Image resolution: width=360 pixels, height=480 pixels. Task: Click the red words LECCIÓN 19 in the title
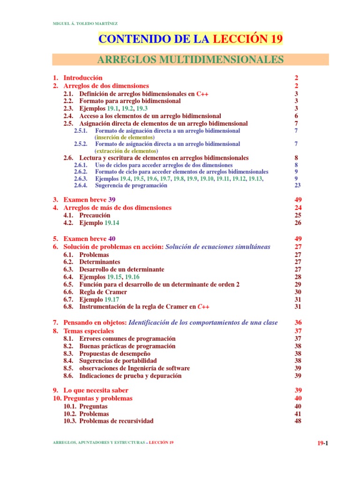(x=247, y=39)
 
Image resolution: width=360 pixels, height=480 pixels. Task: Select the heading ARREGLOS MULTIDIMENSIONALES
(x=190, y=60)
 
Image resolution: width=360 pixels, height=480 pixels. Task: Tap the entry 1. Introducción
(x=77, y=78)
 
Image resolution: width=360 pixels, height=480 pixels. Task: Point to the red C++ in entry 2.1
(x=202, y=94)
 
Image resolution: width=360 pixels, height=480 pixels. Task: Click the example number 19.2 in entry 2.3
(x=127, y=108)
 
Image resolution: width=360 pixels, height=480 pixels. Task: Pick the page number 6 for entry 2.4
(x=296, y=116)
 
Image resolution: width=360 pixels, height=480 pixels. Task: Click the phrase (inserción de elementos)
(x=124, y=137)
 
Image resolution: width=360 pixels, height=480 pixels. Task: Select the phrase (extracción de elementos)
(x=126, y=151)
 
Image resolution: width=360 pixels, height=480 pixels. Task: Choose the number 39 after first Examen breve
(x=112, y=200)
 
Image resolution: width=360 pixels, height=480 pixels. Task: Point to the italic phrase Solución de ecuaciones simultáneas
(x=218, y=247)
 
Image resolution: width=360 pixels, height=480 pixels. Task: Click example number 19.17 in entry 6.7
(x=111, y=299)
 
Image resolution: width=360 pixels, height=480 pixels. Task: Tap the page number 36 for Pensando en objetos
(x=298, y=322)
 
